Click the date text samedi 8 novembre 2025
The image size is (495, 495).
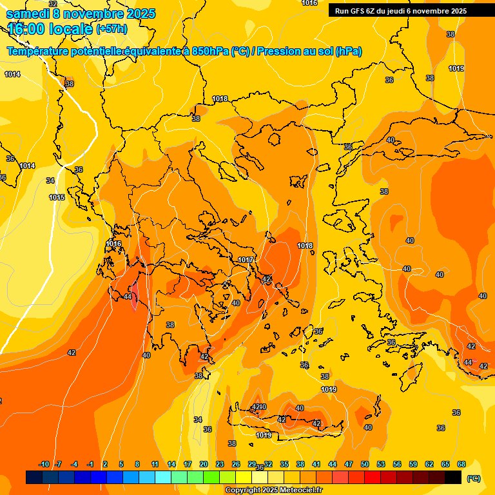[x=81, y=14]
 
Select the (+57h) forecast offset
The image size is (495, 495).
[x=112, y=29]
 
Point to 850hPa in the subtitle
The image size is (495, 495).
[x=210, y=52]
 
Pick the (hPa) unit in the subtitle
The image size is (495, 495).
[x=348, y=52]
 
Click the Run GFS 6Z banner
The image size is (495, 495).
[x=400, y=11]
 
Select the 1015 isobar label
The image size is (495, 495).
[x=57, y=197]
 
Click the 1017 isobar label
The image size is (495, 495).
[x=246, y=260]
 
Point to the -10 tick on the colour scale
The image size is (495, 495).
[x=44, y=464]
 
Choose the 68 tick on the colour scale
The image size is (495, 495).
[x=461, y=464]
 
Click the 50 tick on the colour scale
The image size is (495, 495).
[x=365, y=464]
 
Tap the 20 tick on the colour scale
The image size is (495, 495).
[x=204, y=464]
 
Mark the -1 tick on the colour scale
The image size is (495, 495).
[x=90, y=464]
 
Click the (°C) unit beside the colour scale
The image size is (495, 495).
[x=473, y=478]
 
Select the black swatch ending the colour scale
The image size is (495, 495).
[x=453, y=477]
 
